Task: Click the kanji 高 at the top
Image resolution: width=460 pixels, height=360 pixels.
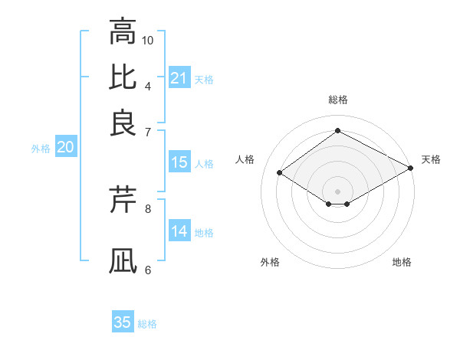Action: [123, 32]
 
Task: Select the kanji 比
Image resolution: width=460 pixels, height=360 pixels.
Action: [123, 77]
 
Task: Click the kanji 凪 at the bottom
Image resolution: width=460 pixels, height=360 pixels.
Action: [123, 260]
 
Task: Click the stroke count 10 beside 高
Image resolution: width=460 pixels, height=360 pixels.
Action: [148, 40]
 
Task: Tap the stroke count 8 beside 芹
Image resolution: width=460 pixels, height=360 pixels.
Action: [148, 207]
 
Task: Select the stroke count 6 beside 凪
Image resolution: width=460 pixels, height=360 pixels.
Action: [148, 269]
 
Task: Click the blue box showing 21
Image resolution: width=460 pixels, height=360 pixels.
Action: [179, 78]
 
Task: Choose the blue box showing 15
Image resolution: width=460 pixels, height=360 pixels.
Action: [179, 162]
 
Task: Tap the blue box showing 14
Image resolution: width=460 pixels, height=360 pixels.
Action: [179, 231]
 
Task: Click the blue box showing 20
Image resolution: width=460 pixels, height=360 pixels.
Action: [65, 148]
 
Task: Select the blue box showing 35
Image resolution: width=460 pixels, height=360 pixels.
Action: [123, 322]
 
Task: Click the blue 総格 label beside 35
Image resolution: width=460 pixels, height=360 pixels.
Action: [147, 324]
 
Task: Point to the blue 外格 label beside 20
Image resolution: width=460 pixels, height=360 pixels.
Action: [41, 149]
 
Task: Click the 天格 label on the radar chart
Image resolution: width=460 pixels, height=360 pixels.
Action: [431, 159]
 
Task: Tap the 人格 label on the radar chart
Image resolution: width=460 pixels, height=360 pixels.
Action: [245, 159]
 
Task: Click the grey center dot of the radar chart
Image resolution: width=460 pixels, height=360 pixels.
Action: [337, 191]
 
